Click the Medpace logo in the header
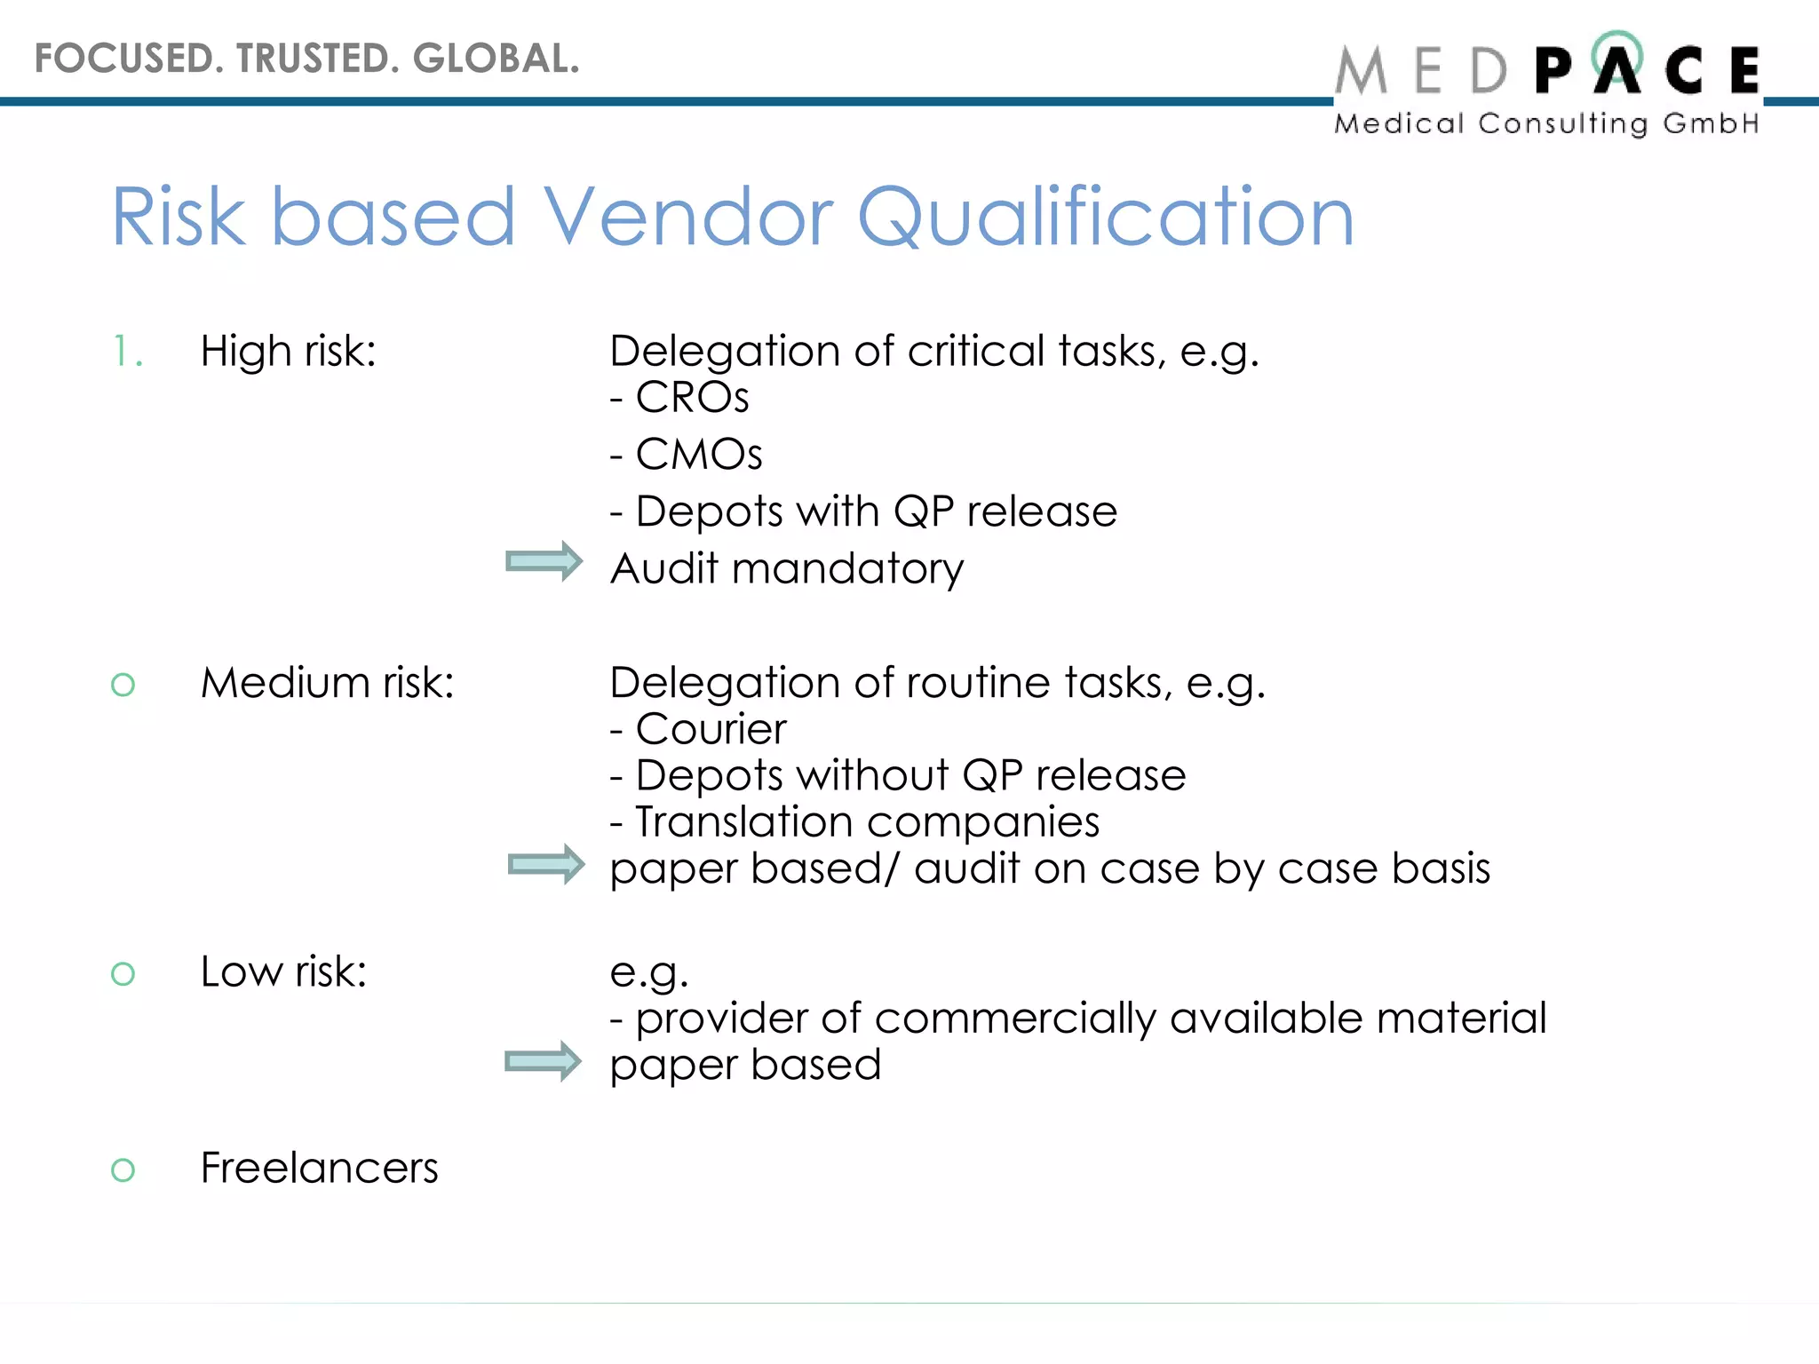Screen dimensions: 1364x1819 1547,84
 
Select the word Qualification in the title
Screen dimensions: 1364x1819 1105,218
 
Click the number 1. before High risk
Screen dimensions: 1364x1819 128,351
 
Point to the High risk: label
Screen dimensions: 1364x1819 289,351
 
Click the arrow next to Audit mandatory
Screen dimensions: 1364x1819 544,561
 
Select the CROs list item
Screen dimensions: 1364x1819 692,397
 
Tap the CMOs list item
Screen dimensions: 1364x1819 698,454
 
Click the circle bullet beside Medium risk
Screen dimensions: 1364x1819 123,685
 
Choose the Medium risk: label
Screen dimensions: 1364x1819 327,683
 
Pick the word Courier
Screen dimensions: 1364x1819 711,729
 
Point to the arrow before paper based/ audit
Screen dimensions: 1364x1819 545,864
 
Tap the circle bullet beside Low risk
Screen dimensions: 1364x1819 123,973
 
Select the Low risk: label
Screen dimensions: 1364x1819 283,971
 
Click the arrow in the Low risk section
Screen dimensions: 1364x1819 543,1061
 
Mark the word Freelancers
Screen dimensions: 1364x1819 319,1168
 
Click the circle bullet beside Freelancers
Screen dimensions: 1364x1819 123,1170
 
